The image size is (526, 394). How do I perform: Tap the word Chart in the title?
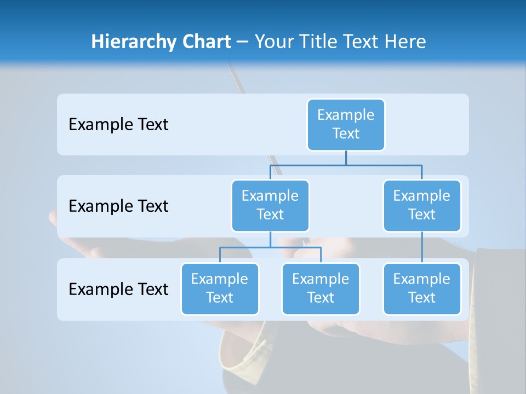click(205, 42)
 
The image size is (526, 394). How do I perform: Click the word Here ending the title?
click(404, 42)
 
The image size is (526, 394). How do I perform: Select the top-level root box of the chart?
click(346, 125)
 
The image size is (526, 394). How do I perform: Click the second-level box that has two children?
click(270, 206)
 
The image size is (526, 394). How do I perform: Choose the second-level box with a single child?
click(422, 206)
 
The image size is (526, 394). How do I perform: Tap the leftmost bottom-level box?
click(220, 289)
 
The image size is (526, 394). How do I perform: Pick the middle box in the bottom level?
click(321, 289)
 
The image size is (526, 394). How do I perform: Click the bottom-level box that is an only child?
click(422, 289)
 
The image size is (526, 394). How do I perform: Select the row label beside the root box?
click(118, 125)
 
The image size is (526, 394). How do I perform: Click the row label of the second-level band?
click(118, 206)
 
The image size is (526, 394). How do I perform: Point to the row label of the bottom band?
click(118, 289)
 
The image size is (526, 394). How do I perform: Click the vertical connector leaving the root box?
click(346, 158)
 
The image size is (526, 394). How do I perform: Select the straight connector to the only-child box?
click(422, 247)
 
